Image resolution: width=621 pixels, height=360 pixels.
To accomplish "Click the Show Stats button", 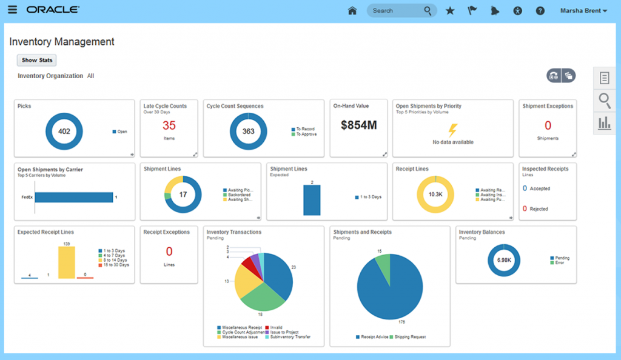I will pyautogui.click(x=37, y=60).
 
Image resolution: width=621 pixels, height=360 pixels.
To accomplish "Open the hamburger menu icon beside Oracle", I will pyautogui.click(x=13, y=10).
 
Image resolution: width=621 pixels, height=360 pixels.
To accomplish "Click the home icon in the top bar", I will pyautogui.click(x=352, y=10).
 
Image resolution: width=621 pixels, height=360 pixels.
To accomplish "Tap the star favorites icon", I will pyautogui.click(x=449, y=10).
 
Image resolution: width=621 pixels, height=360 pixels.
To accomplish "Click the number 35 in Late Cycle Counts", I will pyautogui.click(x=169, y=125).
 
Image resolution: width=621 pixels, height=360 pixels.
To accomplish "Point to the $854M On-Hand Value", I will pyautogui.click(x=358, y=125).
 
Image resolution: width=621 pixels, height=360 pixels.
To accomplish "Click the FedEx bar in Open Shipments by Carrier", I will pyautogui.click(x=74, y=198).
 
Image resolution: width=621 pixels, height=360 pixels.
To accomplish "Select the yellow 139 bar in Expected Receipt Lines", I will pyautogui.click(x=67, y=262).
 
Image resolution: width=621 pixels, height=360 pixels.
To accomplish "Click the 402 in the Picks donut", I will pyautogui.click(x=64, y=132).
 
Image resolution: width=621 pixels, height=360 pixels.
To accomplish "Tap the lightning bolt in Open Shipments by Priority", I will pyautogui.click(x=453, y=129).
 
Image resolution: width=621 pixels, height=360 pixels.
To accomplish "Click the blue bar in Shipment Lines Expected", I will pyautogui.click(x=312, y=200).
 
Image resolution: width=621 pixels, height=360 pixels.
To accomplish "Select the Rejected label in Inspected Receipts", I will pyautogui.click(x=539, y=209).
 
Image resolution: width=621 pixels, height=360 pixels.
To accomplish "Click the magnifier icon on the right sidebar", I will pyautogui.click(x=604, y=100).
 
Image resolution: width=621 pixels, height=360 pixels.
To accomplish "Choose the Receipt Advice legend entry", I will pyautogui.click(x=374, y=336).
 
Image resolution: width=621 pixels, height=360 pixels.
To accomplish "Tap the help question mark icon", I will pyautogui.click(x=540, y=10).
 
